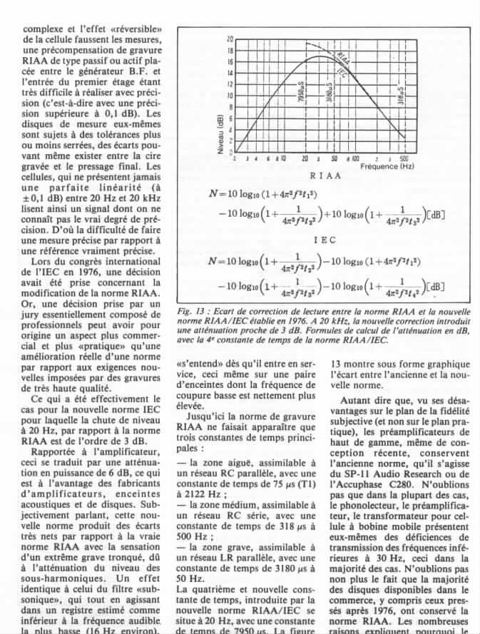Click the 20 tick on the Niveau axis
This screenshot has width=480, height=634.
[230, 39]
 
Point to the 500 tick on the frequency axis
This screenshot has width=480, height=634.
[403, 158]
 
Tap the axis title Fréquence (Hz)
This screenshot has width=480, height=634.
[387, 166]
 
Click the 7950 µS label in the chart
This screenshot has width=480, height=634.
[305, 91]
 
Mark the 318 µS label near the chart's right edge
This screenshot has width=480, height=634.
[402, 94]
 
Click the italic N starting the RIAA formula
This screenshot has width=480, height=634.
[212, 192]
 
